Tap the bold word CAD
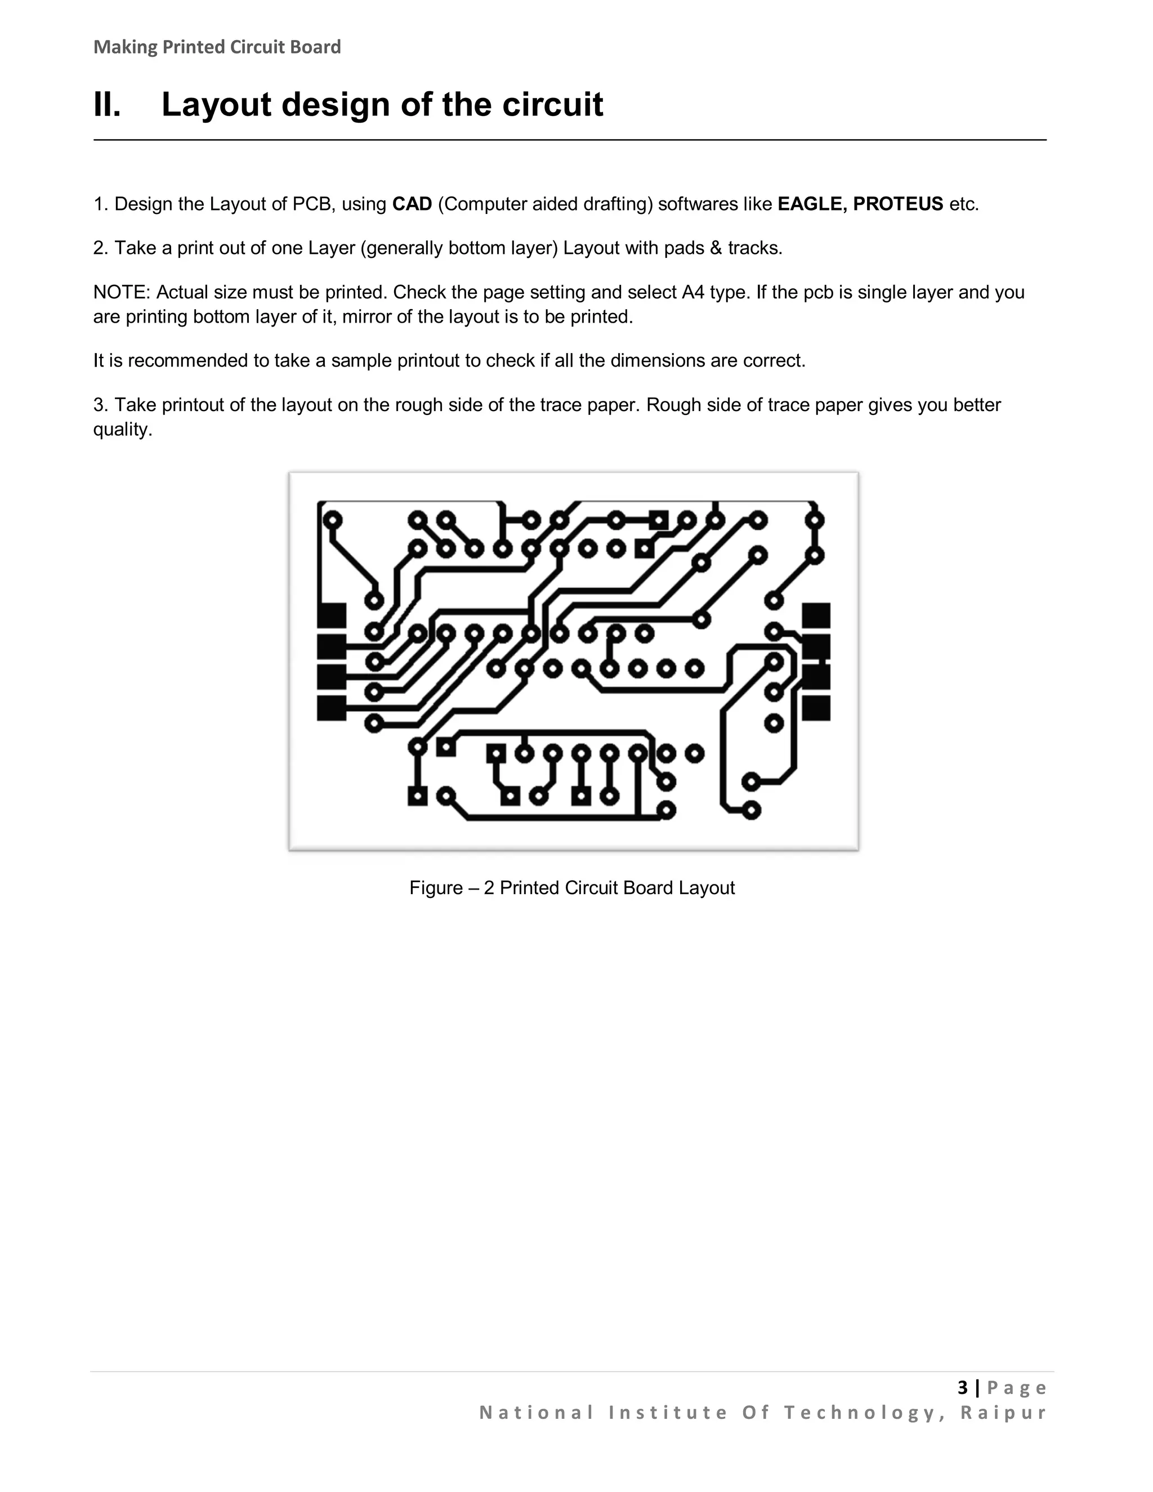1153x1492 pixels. pyautogui.click(x=412, y=204)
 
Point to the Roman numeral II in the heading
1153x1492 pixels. pyautogui.click(x=107, y=105)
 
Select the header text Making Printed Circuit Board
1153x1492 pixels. pyautogui.click(x=217, y=47)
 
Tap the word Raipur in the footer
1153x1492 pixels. pyautogui.click(x=1003, y=1412)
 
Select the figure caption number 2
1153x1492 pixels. pyautogui.click(x=489, y=888)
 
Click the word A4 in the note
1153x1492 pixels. pyautogui.click(x=692, y=292)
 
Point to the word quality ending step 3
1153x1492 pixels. pyautogui.click(x=122, y=430)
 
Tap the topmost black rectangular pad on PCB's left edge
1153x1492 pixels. pyautogui.click(x=332, y=615)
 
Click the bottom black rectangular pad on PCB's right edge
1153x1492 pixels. pyautogui.click(x=816, y=708)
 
